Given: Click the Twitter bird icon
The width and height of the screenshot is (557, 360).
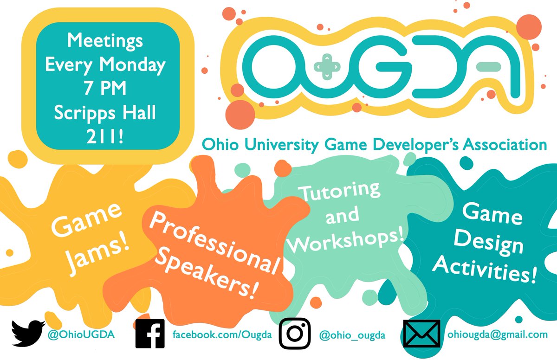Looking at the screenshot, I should pos(28,333).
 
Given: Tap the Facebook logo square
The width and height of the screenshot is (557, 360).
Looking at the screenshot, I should pos(150,333).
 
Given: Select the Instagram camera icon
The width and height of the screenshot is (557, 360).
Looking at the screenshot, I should pos(294,333).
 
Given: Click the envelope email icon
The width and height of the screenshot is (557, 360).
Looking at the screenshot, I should pos(421,334).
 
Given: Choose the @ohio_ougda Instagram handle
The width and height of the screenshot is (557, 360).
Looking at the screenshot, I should pos(352,334).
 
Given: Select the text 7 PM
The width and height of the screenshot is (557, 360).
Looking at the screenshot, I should pos(105,89).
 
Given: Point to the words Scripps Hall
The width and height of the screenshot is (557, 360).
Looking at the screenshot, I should pos(105,113).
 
